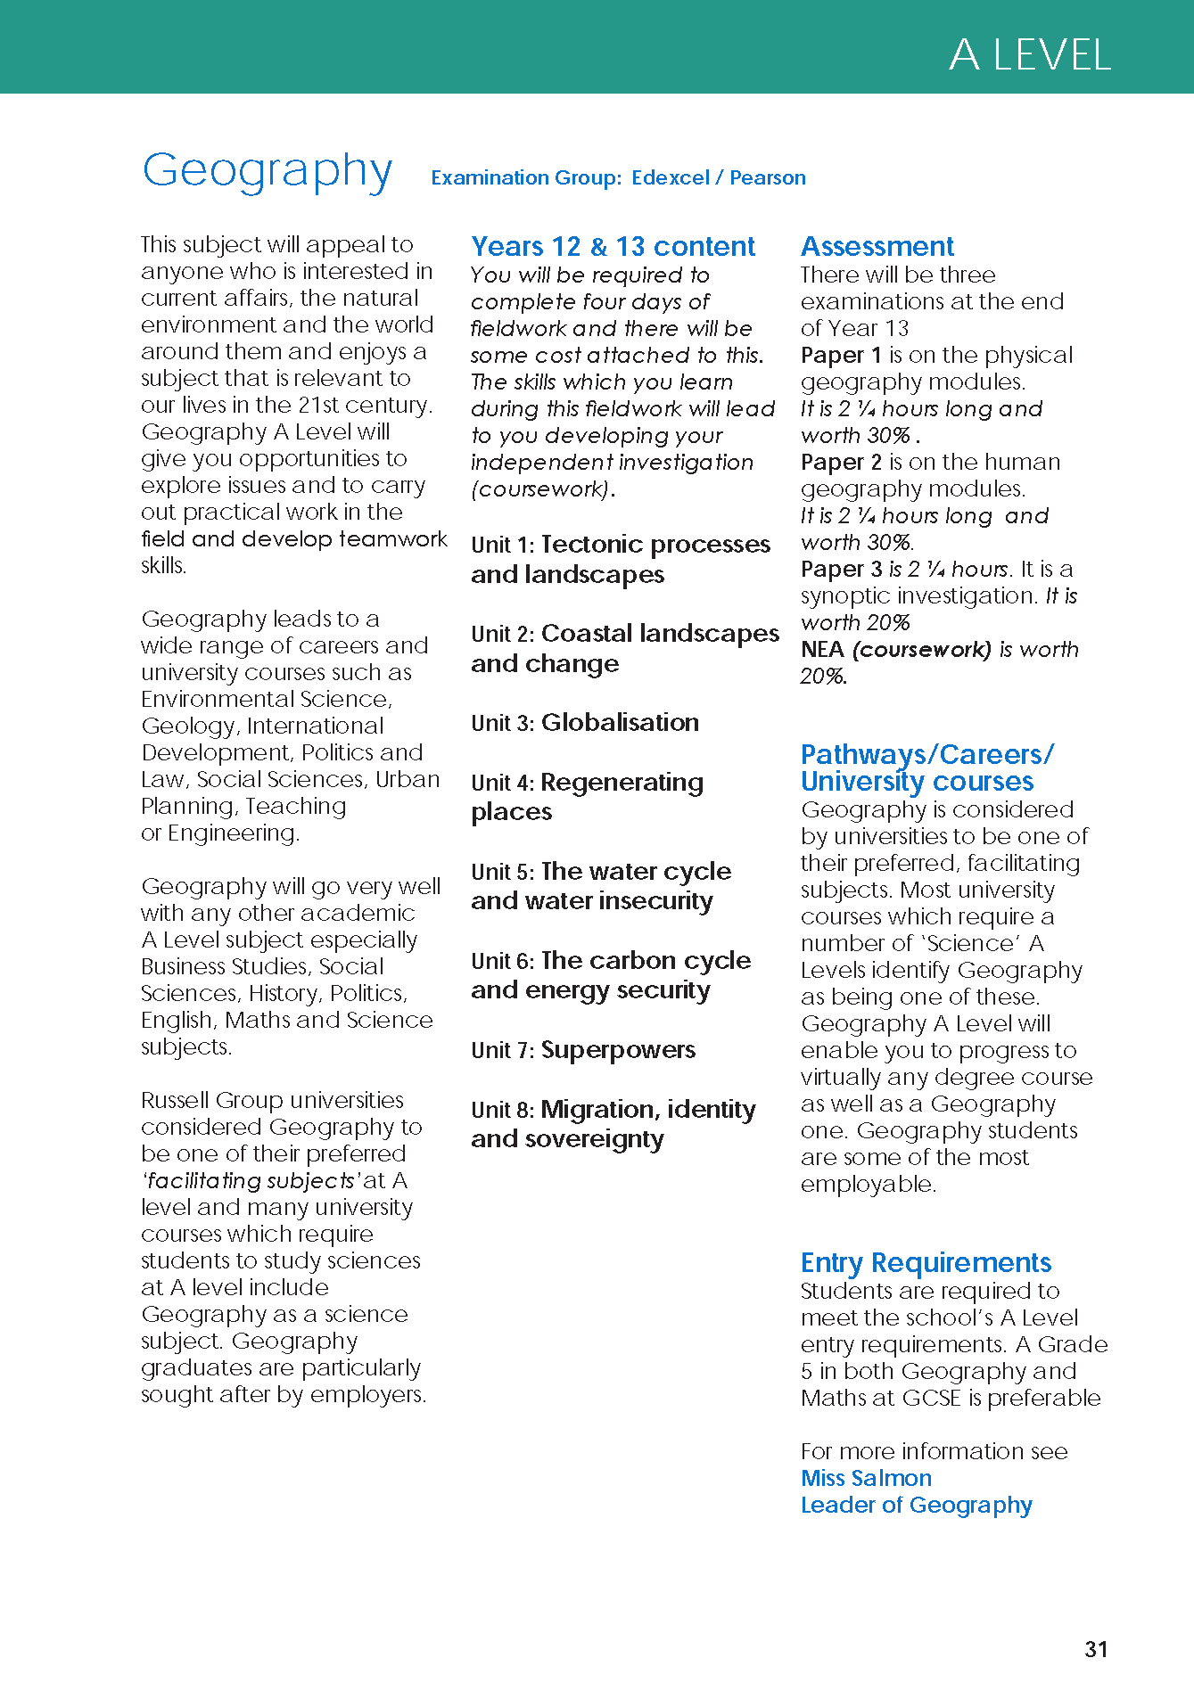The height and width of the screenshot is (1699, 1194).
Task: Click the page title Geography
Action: click(x=267, y=170)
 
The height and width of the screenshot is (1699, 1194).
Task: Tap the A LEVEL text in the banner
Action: click(x=1029, y=55)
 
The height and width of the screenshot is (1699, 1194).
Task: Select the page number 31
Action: click(x=1096, y=1650)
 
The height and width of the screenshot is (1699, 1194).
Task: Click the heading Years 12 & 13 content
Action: click(x=613, y=246)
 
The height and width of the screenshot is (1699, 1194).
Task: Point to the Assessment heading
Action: click(x=877, y=246)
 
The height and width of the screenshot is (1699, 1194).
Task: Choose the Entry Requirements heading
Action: click(x=926, y=1262)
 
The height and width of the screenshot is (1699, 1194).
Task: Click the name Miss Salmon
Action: click(x=866, y=1478)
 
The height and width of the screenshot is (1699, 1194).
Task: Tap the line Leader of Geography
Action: click(x=916, y=1505)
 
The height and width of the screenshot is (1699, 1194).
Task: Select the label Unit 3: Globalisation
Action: click(x=584, y=722)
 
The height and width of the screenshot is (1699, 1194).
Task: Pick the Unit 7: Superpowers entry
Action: click(x=582, y=1050)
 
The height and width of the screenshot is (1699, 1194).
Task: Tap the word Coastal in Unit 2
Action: click(x=587, y=633)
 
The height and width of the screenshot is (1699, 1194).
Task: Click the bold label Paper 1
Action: click(x=841, y=355)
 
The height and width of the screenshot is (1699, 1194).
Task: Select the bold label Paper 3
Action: click(x=841, y=569)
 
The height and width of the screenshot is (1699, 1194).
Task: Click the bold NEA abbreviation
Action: click(x=822, y=649)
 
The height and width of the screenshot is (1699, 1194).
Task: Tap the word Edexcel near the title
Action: click(x=671, y=177)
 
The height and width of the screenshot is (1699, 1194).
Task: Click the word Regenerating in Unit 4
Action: click(x=622, y=782)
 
